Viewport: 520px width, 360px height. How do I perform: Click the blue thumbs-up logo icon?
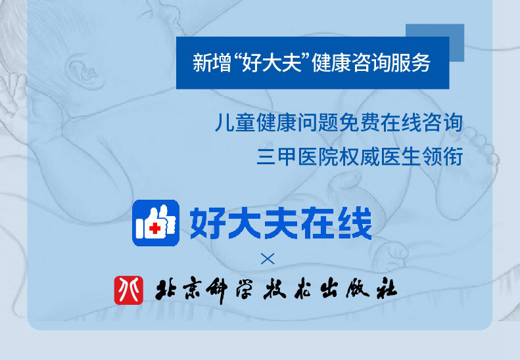(x=156, y=223)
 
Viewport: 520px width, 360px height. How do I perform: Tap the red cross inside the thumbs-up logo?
(x=154, y=228)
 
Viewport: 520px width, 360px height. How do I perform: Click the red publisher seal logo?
(x=129, y=290)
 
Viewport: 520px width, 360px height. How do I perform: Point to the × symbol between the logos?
(x=268, y=259)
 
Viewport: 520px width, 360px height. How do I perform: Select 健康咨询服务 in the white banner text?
(x=371, y=62)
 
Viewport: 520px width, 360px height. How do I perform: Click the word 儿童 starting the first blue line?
(x=235, y=122)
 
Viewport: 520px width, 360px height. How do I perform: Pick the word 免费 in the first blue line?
(x=359, y=122)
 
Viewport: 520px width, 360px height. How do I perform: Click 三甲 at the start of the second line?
(x=277, y=156)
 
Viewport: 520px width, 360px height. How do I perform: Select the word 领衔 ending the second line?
(x=442, y=156)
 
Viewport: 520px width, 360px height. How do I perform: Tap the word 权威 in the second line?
(x=359, y=156)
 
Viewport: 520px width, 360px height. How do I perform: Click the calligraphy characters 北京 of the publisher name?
(x=178, y=290)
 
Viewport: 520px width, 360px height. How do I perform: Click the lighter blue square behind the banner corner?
(x=457, y=43)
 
